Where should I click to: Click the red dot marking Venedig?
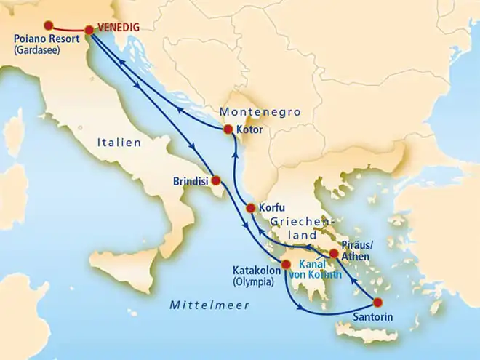(89, 31)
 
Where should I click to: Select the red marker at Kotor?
(228, 131)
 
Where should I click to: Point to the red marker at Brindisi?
(216, 180)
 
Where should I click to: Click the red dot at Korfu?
(251, 207)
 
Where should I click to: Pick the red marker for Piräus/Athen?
(334, 254)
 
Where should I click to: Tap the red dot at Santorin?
(377, 303)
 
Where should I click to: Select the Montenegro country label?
(260, 112)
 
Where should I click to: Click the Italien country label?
(119, 144)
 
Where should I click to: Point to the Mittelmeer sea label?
(208, 305)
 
